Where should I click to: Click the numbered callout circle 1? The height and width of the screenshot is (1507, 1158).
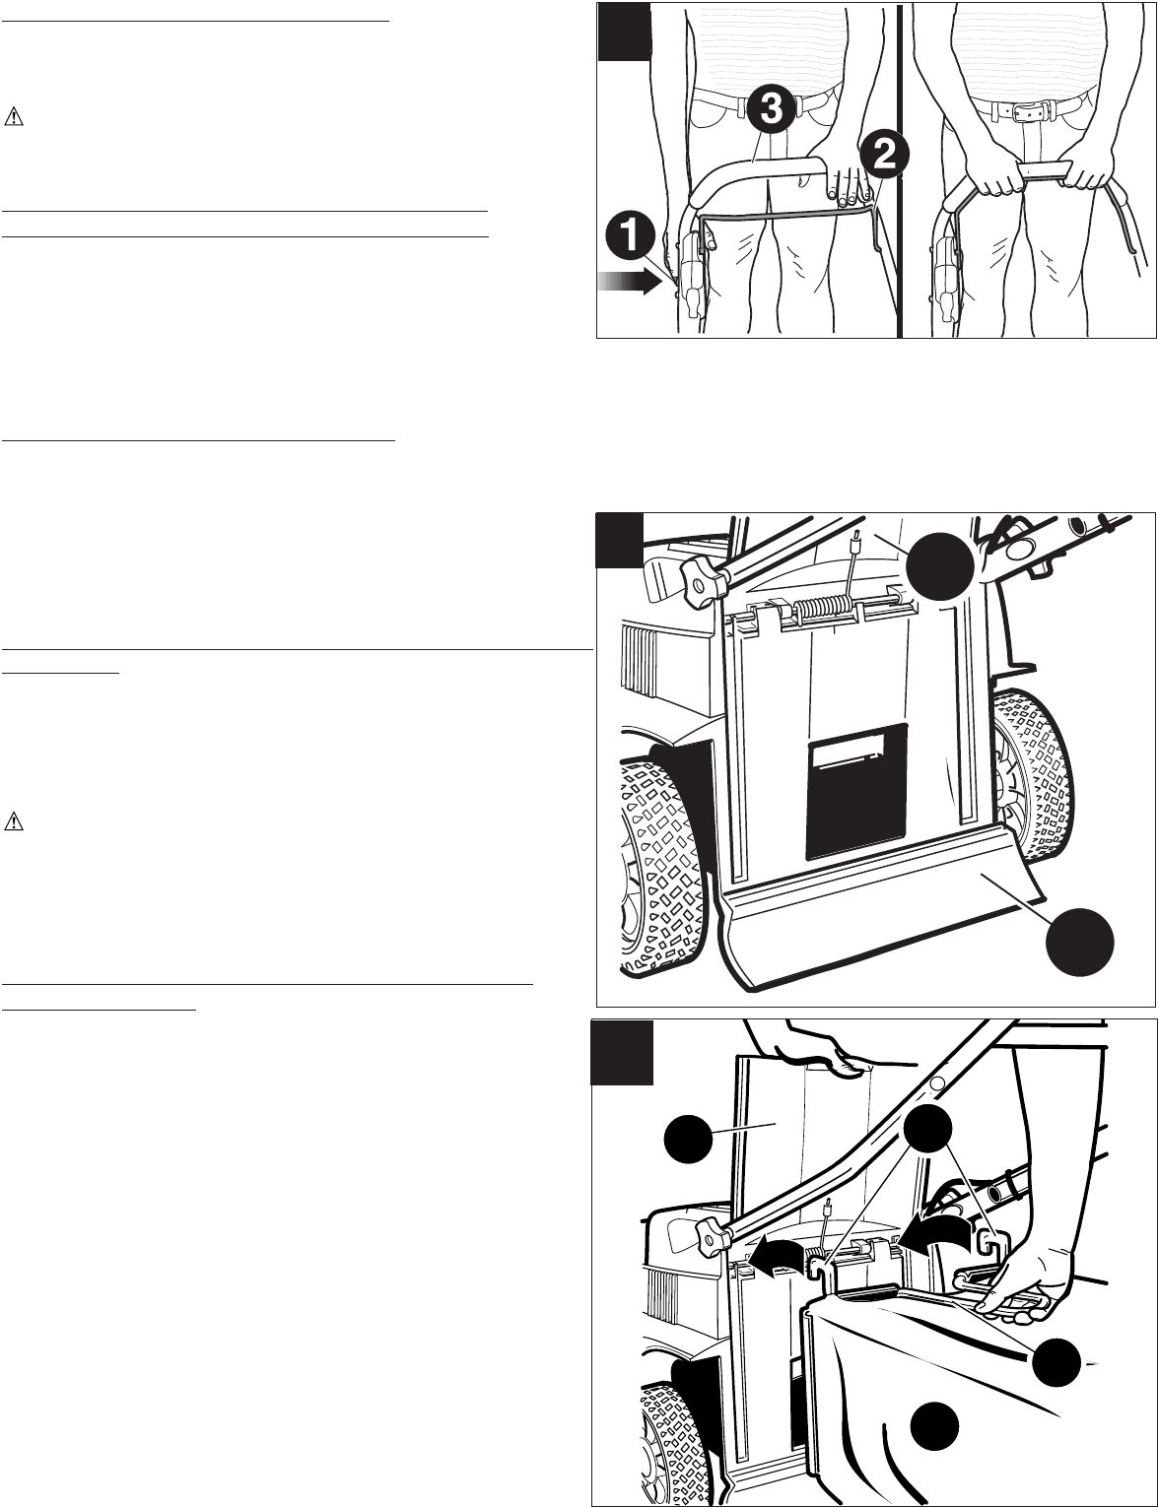630,236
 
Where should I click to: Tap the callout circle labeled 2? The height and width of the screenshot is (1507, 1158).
883,157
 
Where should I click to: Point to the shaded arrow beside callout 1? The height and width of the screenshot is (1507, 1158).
629,283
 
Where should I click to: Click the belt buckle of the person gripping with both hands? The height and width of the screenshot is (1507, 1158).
1024,109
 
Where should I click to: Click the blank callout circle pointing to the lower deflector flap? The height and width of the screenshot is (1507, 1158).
1079,943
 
